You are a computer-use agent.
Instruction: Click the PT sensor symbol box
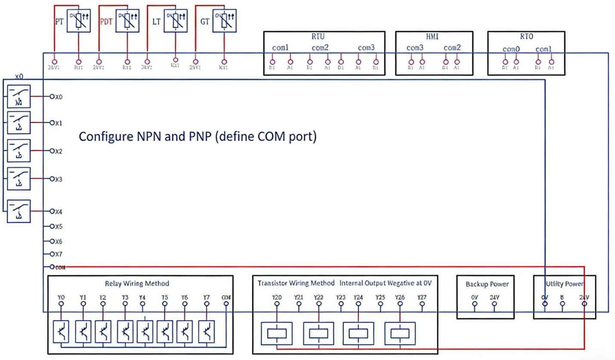point(78,21)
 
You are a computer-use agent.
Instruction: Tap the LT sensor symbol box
point(175,21)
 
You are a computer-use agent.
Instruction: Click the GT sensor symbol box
point(224,21)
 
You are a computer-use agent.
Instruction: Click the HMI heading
point(434,37)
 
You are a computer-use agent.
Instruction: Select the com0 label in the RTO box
point(511,49)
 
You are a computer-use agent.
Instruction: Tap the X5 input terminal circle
point(52,226)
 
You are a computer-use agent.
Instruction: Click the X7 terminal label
point(59,254)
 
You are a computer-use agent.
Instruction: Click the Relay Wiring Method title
point(137,283)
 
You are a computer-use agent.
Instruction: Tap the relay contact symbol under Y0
point(61,332)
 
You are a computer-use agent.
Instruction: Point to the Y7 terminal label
point(207,297)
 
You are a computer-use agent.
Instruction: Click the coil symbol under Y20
point(277,333)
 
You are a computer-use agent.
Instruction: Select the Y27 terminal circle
point(421,304)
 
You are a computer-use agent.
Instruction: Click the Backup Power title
point(487,284)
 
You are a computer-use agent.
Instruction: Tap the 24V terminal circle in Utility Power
point(584,304)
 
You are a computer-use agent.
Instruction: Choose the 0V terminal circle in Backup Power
point(475,304)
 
